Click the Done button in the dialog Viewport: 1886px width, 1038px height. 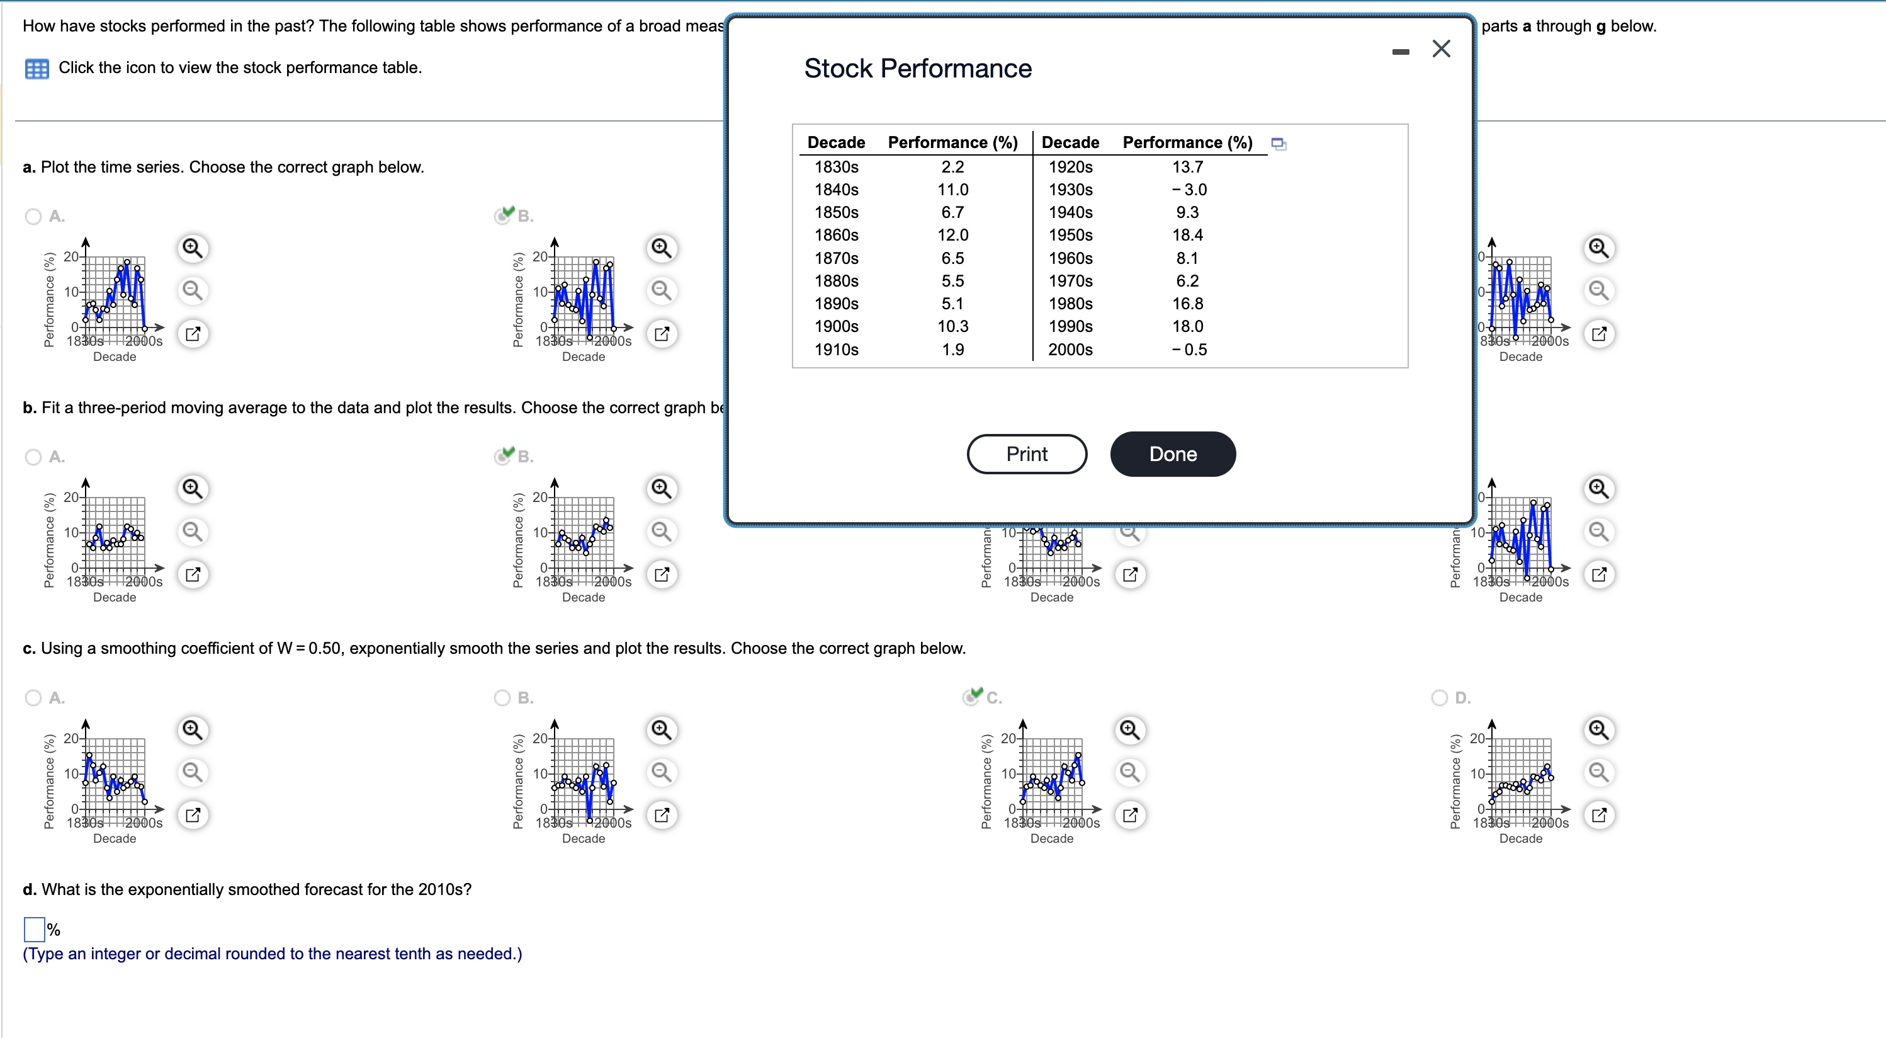tap(1172, 454)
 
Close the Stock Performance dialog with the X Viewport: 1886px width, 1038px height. tap(1441, 49)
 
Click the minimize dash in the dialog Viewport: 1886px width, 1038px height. tap(1400, 52)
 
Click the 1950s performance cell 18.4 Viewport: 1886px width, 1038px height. tap(1187, 235)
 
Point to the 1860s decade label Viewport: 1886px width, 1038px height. tap(836, 235)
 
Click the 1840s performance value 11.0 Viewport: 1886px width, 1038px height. tap(952, 190)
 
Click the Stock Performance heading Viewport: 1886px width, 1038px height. tap(917, 68)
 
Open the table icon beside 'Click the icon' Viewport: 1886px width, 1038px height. tap(37, 69)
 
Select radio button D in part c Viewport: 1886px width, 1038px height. tap(1440, 697)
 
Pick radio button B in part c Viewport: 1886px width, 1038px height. tap(502, 697)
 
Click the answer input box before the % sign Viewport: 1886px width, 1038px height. tap(34, 929)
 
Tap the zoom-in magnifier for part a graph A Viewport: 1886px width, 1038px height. tap(193, 248)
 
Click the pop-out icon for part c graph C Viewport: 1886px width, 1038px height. tap(1130, 814)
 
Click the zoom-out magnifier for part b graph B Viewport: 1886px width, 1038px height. tap(661, 531)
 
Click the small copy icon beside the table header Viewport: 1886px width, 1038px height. tap(1279, 144)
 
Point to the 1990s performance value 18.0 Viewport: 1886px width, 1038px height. tap(1187, 327)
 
